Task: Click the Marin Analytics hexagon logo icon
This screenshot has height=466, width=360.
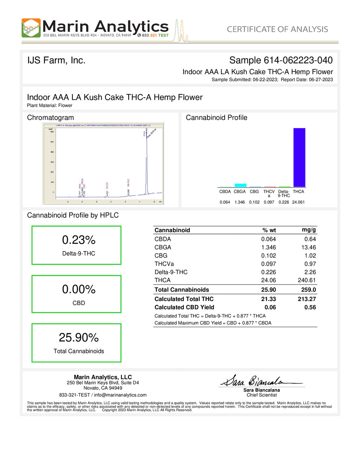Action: [31, 28]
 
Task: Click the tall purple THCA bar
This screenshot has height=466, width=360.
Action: [299, 157]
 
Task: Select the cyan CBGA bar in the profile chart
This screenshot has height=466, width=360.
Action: [240, 185]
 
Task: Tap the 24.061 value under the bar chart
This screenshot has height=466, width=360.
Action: [298, 202]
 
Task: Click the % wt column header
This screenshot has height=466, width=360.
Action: [269, 230]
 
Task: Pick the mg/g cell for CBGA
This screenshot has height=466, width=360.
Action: [308, 247]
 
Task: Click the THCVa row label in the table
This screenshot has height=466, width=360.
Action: [164, 264]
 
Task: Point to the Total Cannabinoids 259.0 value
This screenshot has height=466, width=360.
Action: [308, 290]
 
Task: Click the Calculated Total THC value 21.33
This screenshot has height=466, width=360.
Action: [269, 299]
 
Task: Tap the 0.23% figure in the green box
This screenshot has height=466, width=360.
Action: [79, 240]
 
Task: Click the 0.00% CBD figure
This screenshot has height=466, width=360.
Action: [79, 289]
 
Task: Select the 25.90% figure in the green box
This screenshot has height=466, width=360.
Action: [79, 338]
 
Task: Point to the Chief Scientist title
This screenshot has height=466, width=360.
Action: [262, 395]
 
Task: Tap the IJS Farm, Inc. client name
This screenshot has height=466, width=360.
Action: [56, 60]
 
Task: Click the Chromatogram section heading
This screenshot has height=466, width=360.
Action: [51, 117]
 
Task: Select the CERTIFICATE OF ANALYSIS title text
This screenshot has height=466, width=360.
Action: [277, 29]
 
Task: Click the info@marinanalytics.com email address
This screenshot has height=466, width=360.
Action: [120, 395]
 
